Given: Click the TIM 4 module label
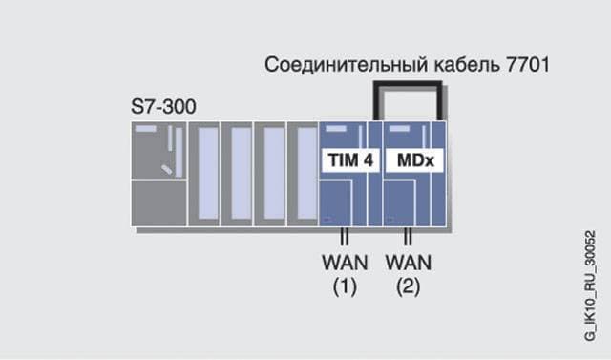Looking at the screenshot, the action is pos(350,160).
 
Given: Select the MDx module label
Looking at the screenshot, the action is pos(414,160).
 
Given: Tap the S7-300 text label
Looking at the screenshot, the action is pos(163,106).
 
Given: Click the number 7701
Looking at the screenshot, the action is pos(528,64).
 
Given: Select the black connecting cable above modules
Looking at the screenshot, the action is pos(408,83).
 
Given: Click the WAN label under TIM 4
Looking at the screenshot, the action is pos(345,263).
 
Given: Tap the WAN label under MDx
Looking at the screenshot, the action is pos(409,263).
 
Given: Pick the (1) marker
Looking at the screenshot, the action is pos(345,287).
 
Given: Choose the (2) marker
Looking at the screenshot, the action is pos(409,287).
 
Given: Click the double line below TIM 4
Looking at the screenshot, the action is pos(345,236).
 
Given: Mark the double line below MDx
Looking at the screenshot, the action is pos(408,236).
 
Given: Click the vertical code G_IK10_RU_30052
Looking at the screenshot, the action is pos(590,286).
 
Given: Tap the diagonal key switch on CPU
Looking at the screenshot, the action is pos(167,169).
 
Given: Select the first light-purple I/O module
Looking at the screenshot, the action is pos(208,174).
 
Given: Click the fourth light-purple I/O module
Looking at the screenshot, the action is pos(307,174).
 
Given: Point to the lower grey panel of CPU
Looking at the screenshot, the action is pos(158,203).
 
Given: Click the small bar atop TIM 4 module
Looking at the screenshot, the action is pos(335,129).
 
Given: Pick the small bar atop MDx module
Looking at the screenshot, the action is pos(399,129).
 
